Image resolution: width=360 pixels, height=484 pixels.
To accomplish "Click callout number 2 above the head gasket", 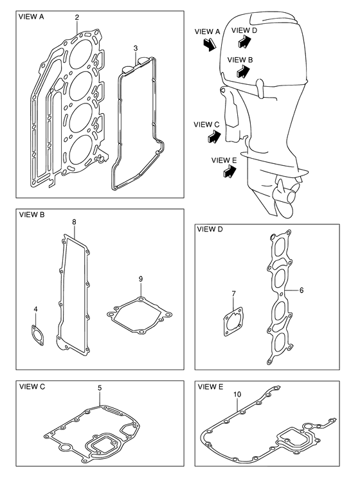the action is tap(77, 17).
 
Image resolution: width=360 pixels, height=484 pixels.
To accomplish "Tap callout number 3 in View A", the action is tap(136, 48).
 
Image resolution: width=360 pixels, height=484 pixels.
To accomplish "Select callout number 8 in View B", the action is tap(75, 222).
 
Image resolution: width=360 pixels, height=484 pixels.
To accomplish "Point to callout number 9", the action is tap(141, 279).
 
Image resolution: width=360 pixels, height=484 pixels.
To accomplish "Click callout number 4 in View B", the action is tap(36, 309).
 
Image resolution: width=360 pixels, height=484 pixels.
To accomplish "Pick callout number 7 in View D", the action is tap(233, 294).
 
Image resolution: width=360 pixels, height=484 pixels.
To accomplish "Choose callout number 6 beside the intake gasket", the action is tap(301, 290).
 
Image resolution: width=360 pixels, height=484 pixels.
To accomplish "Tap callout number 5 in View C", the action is tap(100, 388).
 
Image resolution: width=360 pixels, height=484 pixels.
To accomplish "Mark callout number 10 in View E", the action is tap(237, 394).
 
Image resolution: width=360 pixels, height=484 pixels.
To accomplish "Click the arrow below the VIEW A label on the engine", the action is tap(209, 45).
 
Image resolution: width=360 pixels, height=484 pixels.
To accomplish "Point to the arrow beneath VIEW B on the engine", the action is tap(243, 72).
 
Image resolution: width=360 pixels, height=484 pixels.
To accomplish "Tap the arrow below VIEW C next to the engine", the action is tap(215, 136).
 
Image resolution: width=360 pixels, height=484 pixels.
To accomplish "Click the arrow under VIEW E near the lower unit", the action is tap(230, 171).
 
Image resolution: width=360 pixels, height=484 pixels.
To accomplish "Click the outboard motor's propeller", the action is tap(287, 197).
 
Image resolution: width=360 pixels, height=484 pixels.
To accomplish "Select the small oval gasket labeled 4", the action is tap(38, 335).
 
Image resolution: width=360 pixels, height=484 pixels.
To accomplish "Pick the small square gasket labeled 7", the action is tap(233, 322).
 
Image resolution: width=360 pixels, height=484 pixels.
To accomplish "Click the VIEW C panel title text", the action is tap(32, 386).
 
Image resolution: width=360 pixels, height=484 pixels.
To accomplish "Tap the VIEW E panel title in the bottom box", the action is tap(210, 386).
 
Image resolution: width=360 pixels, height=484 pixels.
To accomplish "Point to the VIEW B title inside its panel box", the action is tap(32, 215).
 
